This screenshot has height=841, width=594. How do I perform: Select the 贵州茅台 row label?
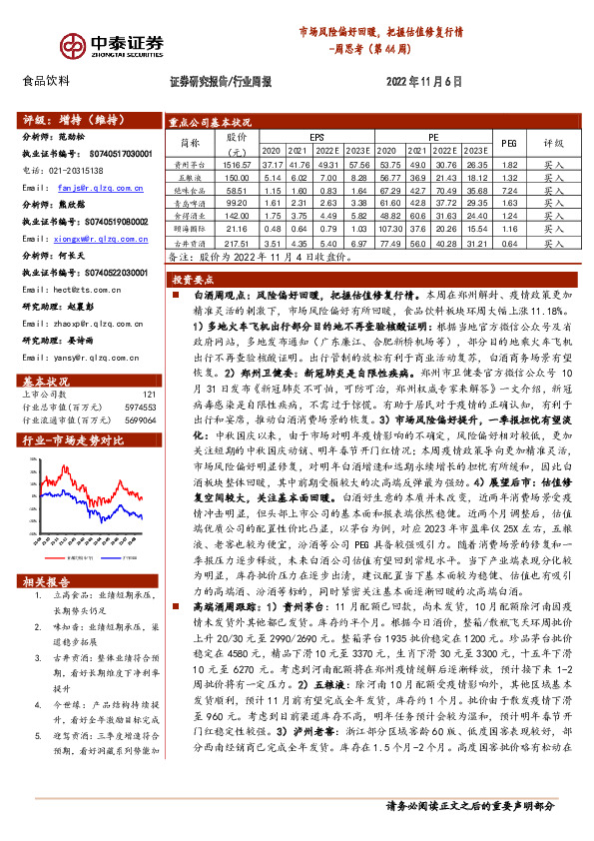click(189, 163)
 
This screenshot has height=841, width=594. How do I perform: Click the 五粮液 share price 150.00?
click(236, 176)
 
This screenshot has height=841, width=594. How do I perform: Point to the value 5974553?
click(140, 381)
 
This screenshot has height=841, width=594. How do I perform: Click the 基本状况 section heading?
click(45, 354)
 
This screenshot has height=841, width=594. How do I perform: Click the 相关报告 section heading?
click(45, 581)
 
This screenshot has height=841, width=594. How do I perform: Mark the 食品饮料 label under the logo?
click(46, 81)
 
